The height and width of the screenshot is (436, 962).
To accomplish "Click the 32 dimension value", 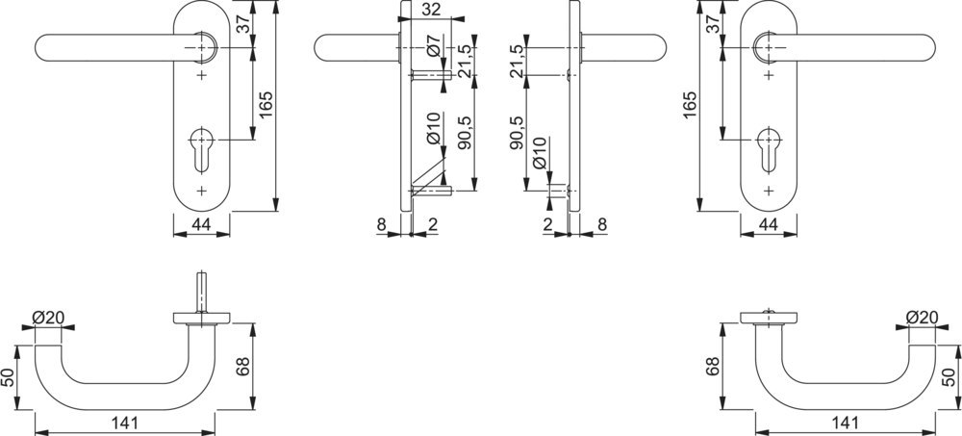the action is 432,10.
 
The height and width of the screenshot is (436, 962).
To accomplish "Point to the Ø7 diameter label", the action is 433,47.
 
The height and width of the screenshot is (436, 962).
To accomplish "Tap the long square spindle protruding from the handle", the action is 201,293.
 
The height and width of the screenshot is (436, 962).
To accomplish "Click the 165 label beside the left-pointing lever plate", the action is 266,105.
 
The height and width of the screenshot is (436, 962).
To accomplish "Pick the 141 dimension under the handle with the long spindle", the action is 125,423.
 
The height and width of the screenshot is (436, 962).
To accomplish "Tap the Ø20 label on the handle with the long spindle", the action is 48,318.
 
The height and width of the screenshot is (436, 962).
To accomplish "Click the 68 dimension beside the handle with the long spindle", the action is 243,367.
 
